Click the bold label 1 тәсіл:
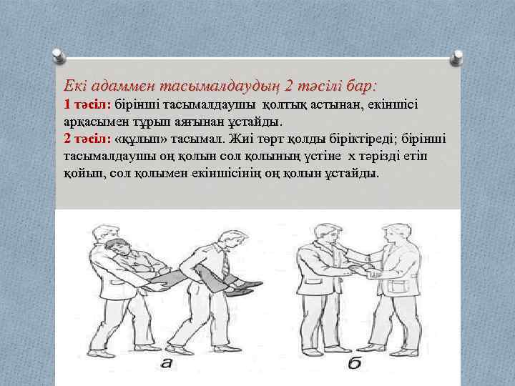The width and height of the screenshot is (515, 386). [87, 105]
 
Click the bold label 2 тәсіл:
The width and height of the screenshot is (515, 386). [87, 139]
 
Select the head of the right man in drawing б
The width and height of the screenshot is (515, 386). [394, 230]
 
